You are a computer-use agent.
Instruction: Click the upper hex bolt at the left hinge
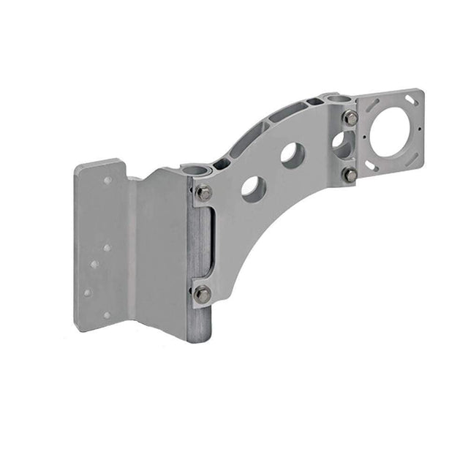203,193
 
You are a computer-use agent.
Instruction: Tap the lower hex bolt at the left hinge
202,294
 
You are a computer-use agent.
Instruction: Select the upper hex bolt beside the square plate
351,118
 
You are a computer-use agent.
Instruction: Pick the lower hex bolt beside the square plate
351,175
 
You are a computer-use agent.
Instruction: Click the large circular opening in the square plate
391,132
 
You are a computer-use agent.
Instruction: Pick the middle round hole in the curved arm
292,154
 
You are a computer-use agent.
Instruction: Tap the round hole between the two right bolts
341,144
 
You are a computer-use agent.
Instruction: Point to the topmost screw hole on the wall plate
107,180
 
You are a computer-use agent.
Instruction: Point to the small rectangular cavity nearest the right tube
313,102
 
